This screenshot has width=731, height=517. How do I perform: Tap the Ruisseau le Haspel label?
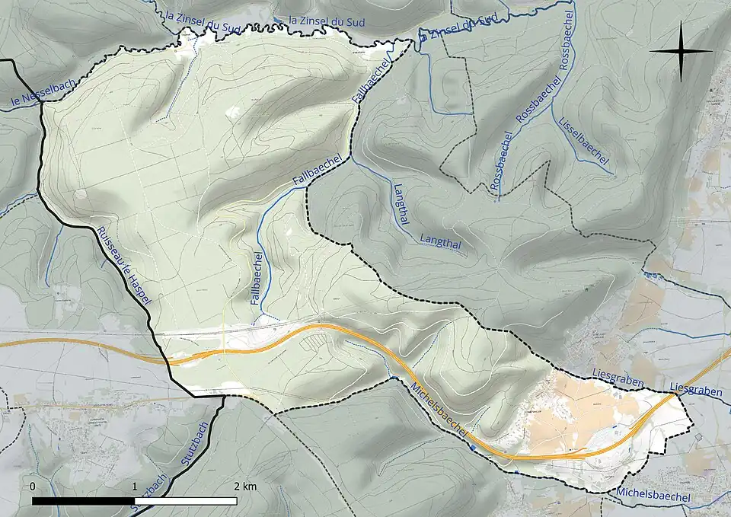(x=124, y=266)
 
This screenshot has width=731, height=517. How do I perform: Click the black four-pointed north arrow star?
(x=682, y=51)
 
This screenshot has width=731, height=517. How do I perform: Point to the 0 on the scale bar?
(x=33, y=486)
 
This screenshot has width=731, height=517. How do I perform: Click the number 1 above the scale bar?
(x=135, y=486)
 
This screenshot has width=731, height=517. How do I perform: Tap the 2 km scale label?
(x=244, y=486)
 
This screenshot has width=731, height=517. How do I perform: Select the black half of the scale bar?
(x=83, y=501)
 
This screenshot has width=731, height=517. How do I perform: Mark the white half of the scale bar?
(x=185, y=501)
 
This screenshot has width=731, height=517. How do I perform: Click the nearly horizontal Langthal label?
(x=441, y=243)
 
